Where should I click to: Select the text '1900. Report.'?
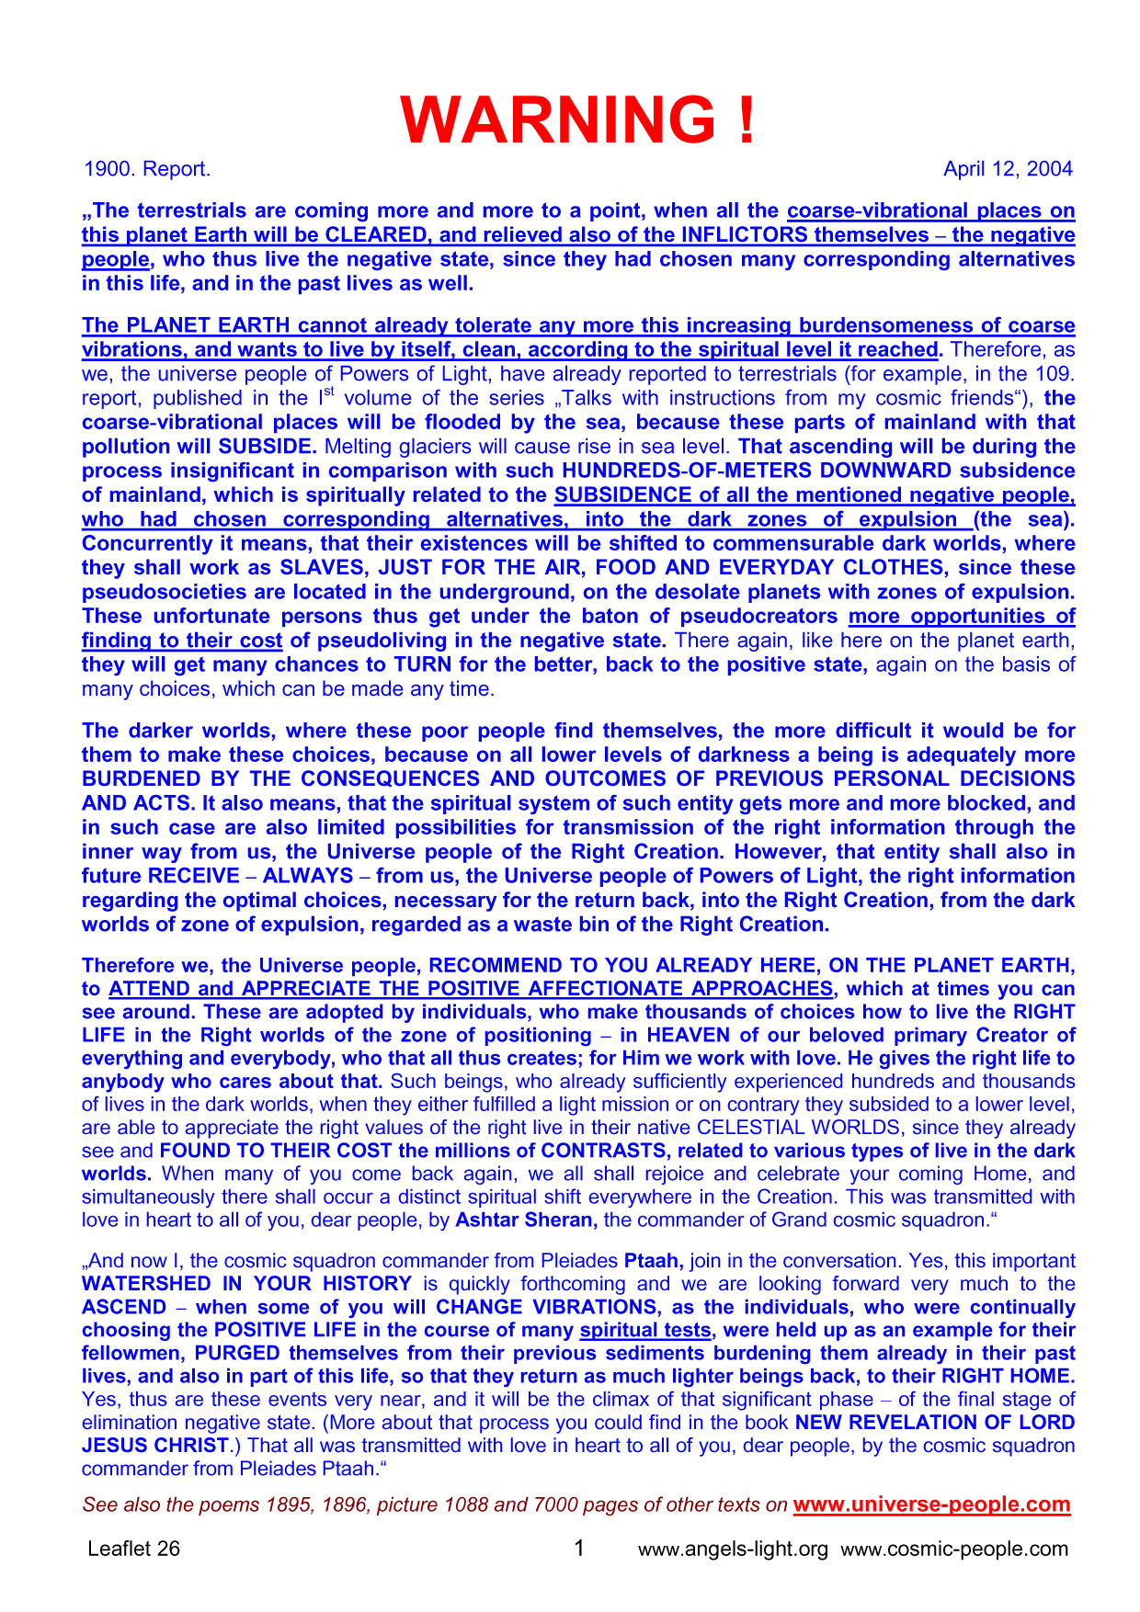pyautogui.click(x=147, y=169)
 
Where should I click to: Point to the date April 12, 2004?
pyautogui.click(x=1008, y=169)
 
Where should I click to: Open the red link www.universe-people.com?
pyautogui.click(x=931, y=1504)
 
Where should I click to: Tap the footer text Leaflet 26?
pyautogui.click(x=134, y=1549)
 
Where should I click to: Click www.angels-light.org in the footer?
pyautogui.click(x=733, y=1550)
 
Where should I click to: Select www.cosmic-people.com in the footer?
pyautogui.click(x=954, y=1550)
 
